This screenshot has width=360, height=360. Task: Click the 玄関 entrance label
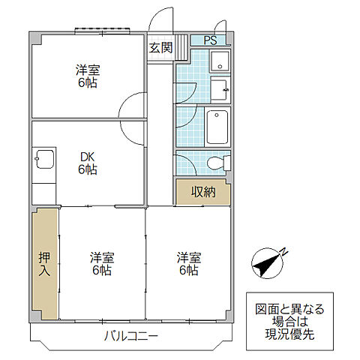160,47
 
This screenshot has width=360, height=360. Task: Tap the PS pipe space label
210,40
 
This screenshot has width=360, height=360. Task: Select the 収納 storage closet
203,192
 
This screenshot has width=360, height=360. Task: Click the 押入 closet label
44,264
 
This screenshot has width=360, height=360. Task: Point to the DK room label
88,157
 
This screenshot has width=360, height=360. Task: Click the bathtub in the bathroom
217,127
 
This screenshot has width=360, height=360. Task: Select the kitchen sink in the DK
45,159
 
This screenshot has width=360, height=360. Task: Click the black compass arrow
265,265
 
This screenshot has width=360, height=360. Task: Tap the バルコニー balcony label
131,336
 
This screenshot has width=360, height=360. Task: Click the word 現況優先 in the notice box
289,334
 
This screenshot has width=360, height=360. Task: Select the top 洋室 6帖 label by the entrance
88,76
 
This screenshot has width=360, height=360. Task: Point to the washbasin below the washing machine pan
220,89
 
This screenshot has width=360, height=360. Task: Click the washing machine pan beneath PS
220,61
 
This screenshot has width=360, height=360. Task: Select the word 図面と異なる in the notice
289,310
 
